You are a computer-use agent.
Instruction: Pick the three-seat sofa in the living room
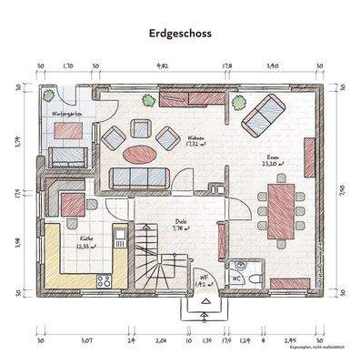click(136, 178)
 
